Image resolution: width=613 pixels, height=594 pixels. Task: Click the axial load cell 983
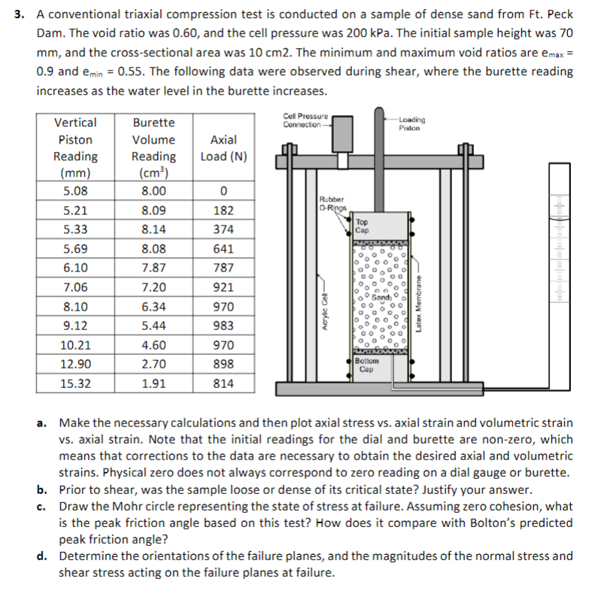pos(223,326)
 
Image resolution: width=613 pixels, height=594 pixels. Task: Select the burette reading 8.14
pos(153,229)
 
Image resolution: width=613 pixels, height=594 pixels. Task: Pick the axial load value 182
pos(223,211)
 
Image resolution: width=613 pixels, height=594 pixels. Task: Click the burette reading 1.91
pos(153,383)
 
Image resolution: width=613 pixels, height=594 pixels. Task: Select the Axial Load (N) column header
pos(223,148)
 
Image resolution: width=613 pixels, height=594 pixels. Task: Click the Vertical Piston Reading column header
pos(75,148)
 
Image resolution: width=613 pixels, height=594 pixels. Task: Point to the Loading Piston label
pos(411,123)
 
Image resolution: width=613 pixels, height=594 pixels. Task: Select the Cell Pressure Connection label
pos(304,120)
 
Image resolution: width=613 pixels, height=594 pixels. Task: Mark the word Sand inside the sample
pos(386,298)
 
